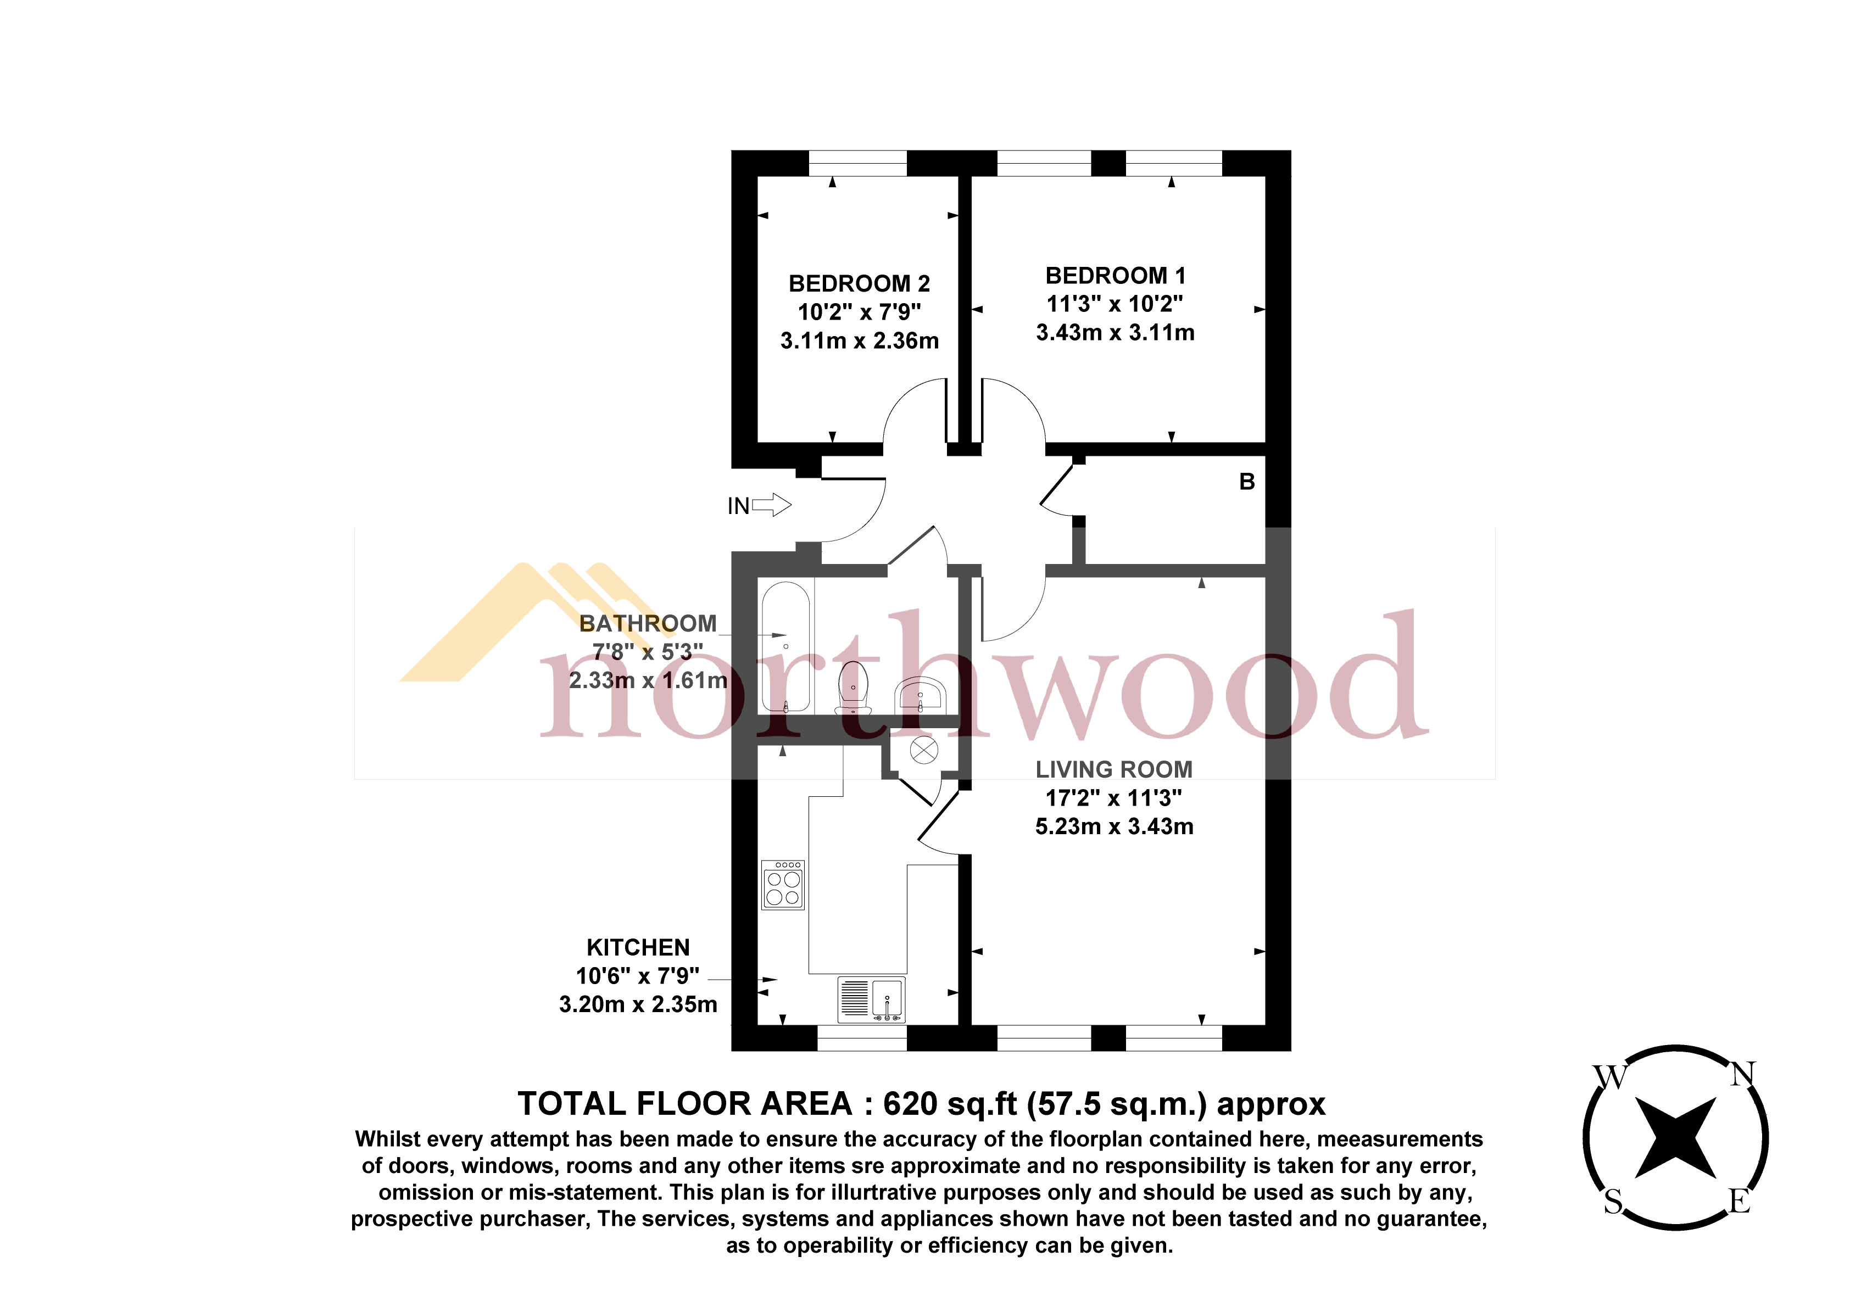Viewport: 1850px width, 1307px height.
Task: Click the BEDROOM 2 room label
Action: coord(859,283)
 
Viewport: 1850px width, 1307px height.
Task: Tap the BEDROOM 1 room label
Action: coord(1115,276)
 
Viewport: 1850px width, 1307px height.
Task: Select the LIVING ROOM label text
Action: coord(1113,769)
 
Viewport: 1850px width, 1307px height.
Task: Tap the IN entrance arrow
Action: coord(771,505)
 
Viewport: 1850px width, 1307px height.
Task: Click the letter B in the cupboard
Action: coord(1246,482)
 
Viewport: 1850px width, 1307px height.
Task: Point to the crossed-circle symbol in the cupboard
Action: coord(923,751)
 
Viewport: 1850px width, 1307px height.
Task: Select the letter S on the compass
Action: coord(1612,1202)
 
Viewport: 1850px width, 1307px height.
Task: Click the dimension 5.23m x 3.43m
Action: coord(1113,826)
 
